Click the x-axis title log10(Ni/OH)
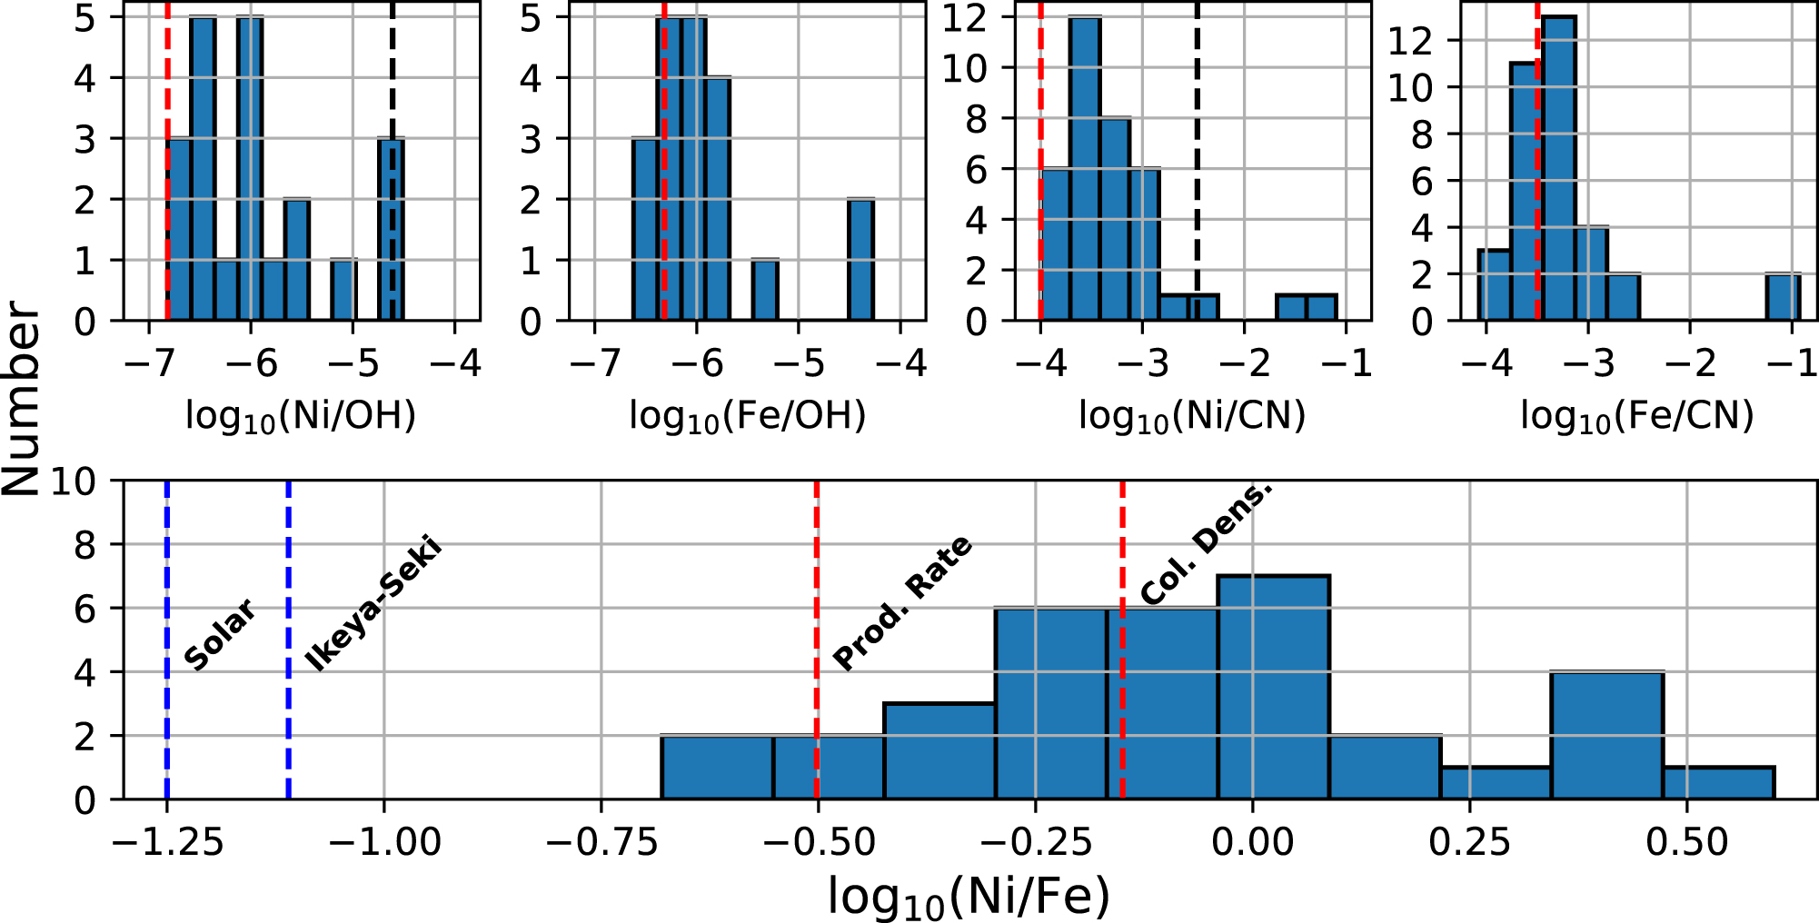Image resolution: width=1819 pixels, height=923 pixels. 301,416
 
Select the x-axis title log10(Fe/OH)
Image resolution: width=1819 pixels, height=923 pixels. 748,416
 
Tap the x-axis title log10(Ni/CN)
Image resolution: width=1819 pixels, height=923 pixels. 1192,416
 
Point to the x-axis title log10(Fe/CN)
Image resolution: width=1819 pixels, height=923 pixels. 1637,416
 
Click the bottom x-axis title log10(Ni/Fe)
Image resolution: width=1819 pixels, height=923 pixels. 969,897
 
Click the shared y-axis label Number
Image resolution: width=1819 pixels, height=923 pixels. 22,401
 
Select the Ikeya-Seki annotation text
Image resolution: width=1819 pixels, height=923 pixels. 373,604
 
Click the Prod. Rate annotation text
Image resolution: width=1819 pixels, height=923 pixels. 902,603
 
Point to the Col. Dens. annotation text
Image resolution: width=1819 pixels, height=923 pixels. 1206,542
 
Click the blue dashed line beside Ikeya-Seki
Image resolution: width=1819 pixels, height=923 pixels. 288,640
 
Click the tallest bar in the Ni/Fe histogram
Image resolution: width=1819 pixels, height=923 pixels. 1273,688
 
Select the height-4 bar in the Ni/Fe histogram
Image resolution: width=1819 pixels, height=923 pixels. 1607,735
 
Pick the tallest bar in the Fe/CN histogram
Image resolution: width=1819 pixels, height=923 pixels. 1559,168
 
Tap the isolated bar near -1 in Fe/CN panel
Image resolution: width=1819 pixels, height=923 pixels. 1783,297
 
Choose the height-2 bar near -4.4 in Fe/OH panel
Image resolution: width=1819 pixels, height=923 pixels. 860,260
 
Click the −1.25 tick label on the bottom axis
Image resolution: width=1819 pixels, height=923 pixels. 168,842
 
